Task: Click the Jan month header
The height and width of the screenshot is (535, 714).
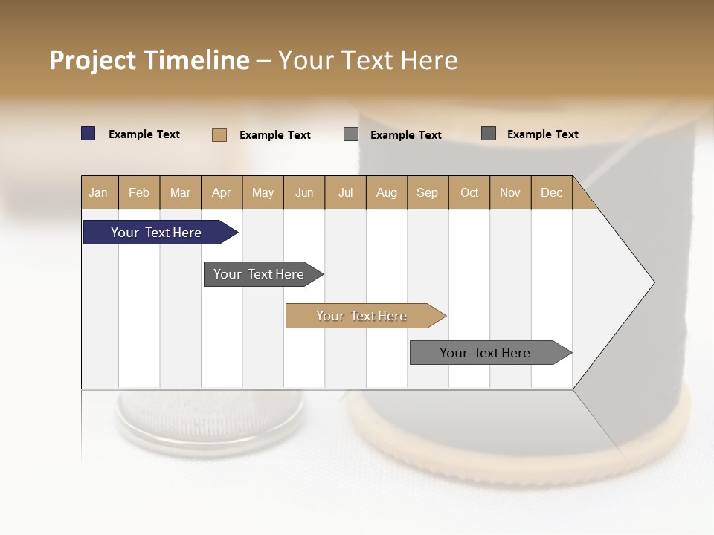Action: click(x=99, y=192)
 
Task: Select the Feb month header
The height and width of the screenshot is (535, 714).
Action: click(x=139, y=192)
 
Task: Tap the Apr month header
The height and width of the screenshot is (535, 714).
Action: click(x=222, y=192)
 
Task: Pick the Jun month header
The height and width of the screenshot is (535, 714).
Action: click(x=304, y=192)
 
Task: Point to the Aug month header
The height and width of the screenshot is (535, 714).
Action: click(x=387, y=192)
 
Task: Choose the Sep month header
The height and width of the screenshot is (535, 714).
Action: click(x=428, y=192)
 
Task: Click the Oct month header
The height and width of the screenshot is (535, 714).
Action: click(x=469, y=192)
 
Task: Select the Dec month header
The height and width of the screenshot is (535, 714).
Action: click(x=552, y=192)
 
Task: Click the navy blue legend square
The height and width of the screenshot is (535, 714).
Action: click(x=89, y=134)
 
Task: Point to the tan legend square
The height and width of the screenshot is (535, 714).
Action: click(x=219, y=134)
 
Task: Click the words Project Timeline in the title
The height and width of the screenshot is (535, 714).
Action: click(x=149, y=60)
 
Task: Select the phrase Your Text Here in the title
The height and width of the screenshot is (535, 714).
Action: click(x=368, y=60)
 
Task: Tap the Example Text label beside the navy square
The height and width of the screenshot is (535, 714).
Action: click(x=144, y=134)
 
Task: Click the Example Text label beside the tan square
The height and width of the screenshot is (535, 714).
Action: click(x=275, y=135)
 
